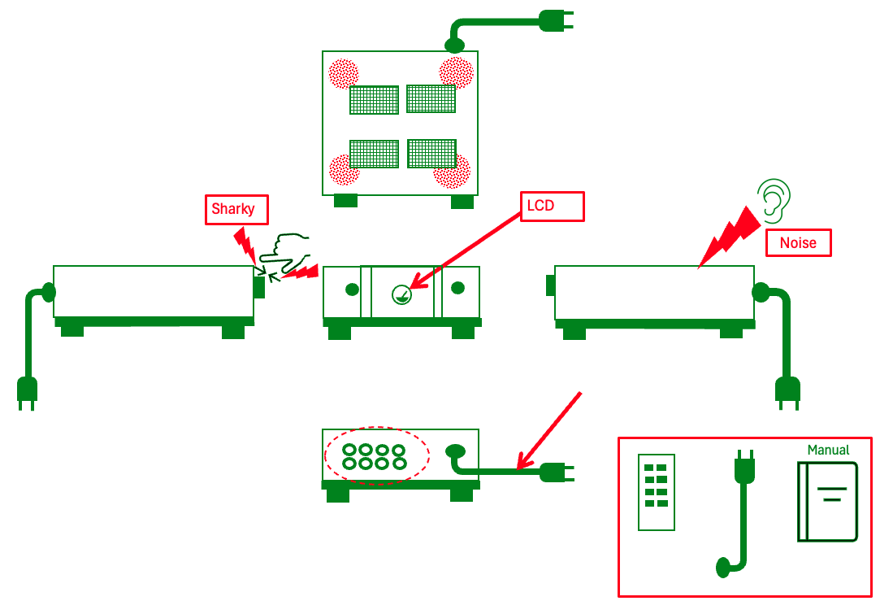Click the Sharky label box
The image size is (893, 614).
click(233, 209)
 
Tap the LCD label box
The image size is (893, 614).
click(552, 206)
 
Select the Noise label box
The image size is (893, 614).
click(799, 242)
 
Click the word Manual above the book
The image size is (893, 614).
click(828, 450)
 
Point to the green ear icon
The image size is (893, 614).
click(774, 199)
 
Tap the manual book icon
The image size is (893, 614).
click(828, 502)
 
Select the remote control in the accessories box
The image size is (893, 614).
click(657, 492)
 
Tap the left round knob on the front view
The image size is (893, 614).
click(352, 289)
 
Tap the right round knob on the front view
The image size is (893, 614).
click(457, 287)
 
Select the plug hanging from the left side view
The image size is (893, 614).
click(27, 392)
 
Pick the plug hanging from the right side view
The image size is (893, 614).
click(787, 392)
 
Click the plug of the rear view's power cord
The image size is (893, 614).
click(556, 471)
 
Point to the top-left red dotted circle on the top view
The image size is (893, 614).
click(343, 73)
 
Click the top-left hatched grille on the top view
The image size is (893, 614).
click(374, 100)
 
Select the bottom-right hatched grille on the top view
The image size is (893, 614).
click(431, 153)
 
